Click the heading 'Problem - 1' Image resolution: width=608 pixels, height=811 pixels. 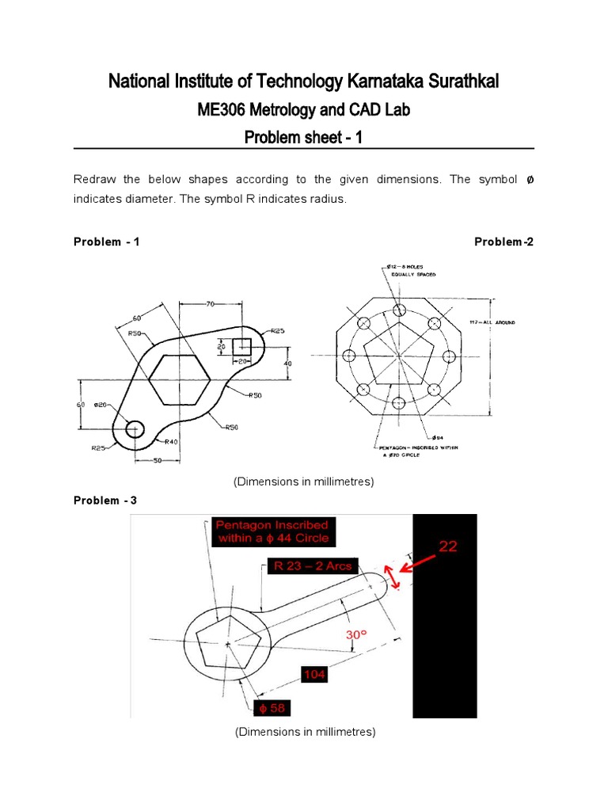[x=106, y=242]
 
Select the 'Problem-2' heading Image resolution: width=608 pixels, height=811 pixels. [x=503, y=242]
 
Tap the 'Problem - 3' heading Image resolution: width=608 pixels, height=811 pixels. [x=106, y=500]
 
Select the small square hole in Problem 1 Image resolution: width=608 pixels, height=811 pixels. [x=242, y=347]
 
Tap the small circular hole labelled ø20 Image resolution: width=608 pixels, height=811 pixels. [x=134, y=428]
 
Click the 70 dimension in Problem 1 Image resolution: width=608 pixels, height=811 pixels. [x=210, y=303]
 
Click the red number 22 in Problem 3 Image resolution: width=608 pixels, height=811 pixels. [x=449, y=546]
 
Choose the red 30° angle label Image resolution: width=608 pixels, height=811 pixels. [x=357, y=635]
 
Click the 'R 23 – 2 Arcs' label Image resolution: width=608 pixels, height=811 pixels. [x=311, y=565]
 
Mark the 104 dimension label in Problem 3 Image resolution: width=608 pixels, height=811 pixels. [x=313, y=675]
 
